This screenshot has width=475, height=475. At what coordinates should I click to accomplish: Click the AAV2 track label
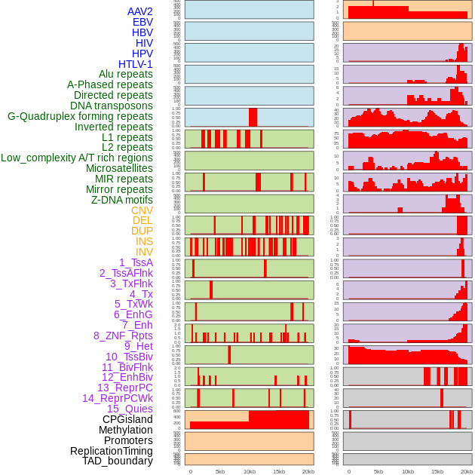click(x=140, y=11)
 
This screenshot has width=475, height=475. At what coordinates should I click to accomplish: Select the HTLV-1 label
click(x=136, y=64)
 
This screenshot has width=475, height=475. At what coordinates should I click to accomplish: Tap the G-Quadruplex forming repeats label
click(x=80, y=116)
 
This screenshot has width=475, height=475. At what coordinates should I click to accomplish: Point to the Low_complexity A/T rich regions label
click(x=77, y=158)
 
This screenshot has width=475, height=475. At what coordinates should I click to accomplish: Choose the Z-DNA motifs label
click(x=122, y=200)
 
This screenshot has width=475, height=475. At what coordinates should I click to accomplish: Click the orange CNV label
click(x=142, y=210)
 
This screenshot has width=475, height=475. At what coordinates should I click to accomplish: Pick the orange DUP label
click(x=142, y=231)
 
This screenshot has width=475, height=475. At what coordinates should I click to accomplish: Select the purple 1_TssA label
click(x=136, y=262)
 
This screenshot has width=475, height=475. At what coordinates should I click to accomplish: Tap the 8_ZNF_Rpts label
click(x=123, y=336)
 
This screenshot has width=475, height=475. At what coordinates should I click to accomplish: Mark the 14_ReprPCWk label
click(x=118, y=398)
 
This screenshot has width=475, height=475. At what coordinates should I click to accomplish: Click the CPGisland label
click(x=127, y=419)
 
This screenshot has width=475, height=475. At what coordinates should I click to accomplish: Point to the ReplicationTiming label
click(x=111, y=451)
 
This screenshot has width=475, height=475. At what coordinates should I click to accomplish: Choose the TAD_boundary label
click(x=117, y=461)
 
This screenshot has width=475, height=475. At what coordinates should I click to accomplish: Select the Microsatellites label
click(x=119, y=168)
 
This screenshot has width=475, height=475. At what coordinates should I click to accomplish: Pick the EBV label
click(x=142, y=22)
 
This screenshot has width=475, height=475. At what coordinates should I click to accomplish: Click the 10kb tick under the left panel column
click(x=250, y=471)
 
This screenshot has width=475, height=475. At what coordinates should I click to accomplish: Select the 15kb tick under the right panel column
click(x=437, y=471)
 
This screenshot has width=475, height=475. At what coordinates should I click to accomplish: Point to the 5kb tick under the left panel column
click(x=220, y=471)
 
